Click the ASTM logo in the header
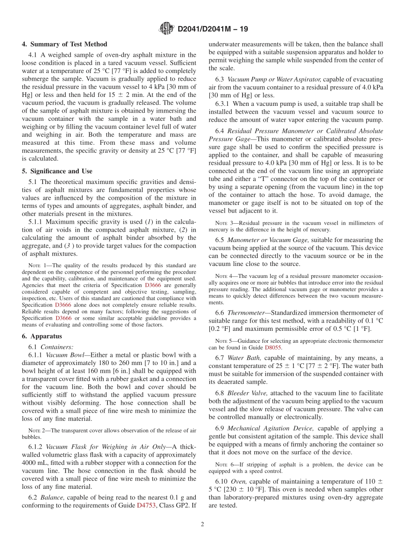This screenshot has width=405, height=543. pyautogui.click(x=166, y=29)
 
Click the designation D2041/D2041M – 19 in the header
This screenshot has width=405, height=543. pyautogui.click(x=213, y=29)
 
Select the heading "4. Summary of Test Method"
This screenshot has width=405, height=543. pyautogui.click(x=64, y=44)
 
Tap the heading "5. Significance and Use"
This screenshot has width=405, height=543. pyautogui.click(x=57, y=171)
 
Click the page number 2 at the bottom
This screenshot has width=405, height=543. pyautogui.click(x=202, y=525)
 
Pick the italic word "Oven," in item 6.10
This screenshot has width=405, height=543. pyautogui.click(x=238, y=481)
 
